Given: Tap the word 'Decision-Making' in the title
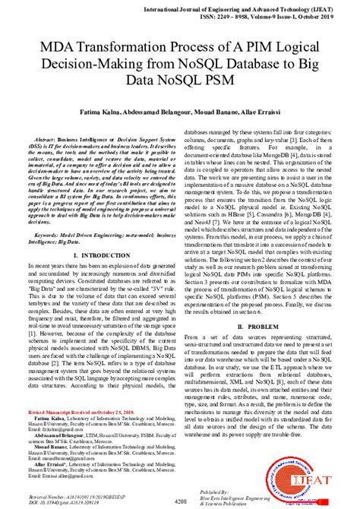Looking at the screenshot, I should pos(129,66).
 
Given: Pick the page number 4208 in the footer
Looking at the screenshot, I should pos(181,502).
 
